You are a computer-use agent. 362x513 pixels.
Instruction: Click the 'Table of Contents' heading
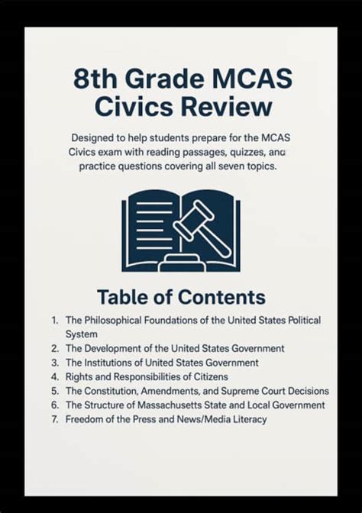point(181,297)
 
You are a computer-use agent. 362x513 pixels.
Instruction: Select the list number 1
point(55,321)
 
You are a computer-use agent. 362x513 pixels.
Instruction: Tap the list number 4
point(55,376)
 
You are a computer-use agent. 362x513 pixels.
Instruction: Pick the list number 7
point(55,419)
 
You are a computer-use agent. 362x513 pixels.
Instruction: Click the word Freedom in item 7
point(85,419)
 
